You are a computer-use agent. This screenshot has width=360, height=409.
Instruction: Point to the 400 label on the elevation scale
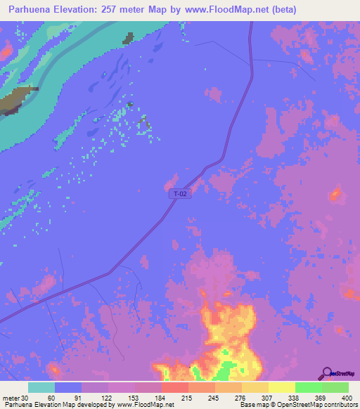click(x=347, y=398)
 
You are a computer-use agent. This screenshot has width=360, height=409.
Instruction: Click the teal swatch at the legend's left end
click(x=41, y=387)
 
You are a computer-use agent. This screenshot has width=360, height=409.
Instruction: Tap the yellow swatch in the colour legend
click(x=282, y=387)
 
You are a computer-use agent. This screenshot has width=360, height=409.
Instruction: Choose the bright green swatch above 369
click(x=308, y=387)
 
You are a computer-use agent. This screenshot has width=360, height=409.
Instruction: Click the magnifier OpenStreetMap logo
click(x=327, y=373)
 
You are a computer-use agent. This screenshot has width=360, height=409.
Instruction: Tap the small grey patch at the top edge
click(x=128, y=38)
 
